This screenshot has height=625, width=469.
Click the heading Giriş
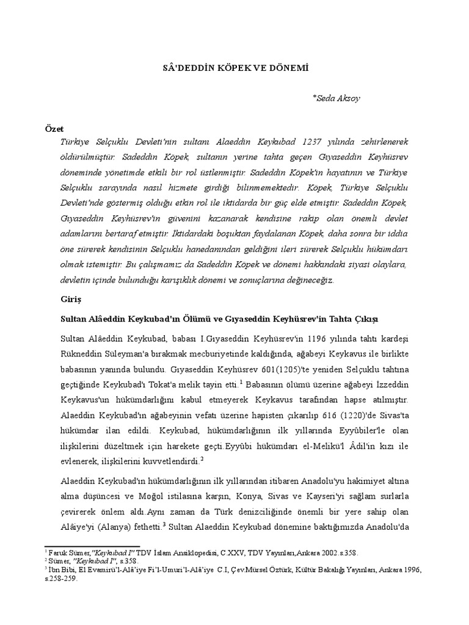(x=70, y=301)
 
